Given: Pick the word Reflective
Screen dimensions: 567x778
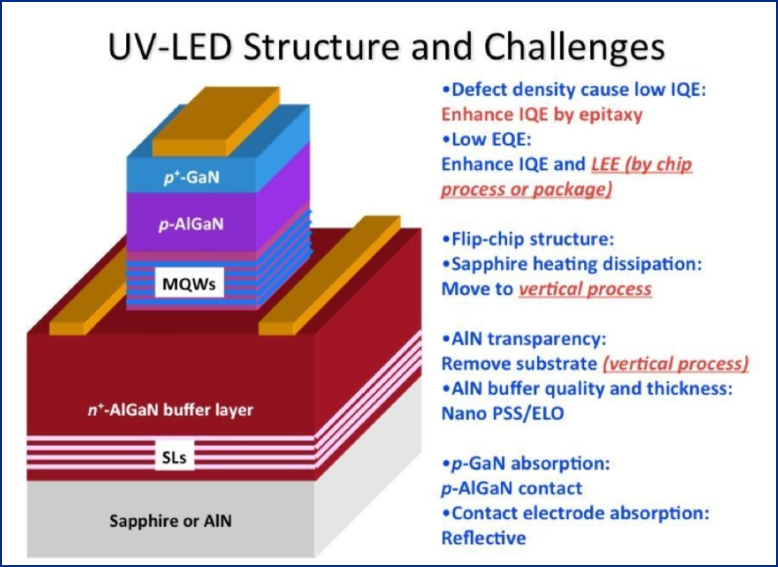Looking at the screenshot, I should tap(483, 537).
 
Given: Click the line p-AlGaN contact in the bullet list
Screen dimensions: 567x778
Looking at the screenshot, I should tap(512, 487).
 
